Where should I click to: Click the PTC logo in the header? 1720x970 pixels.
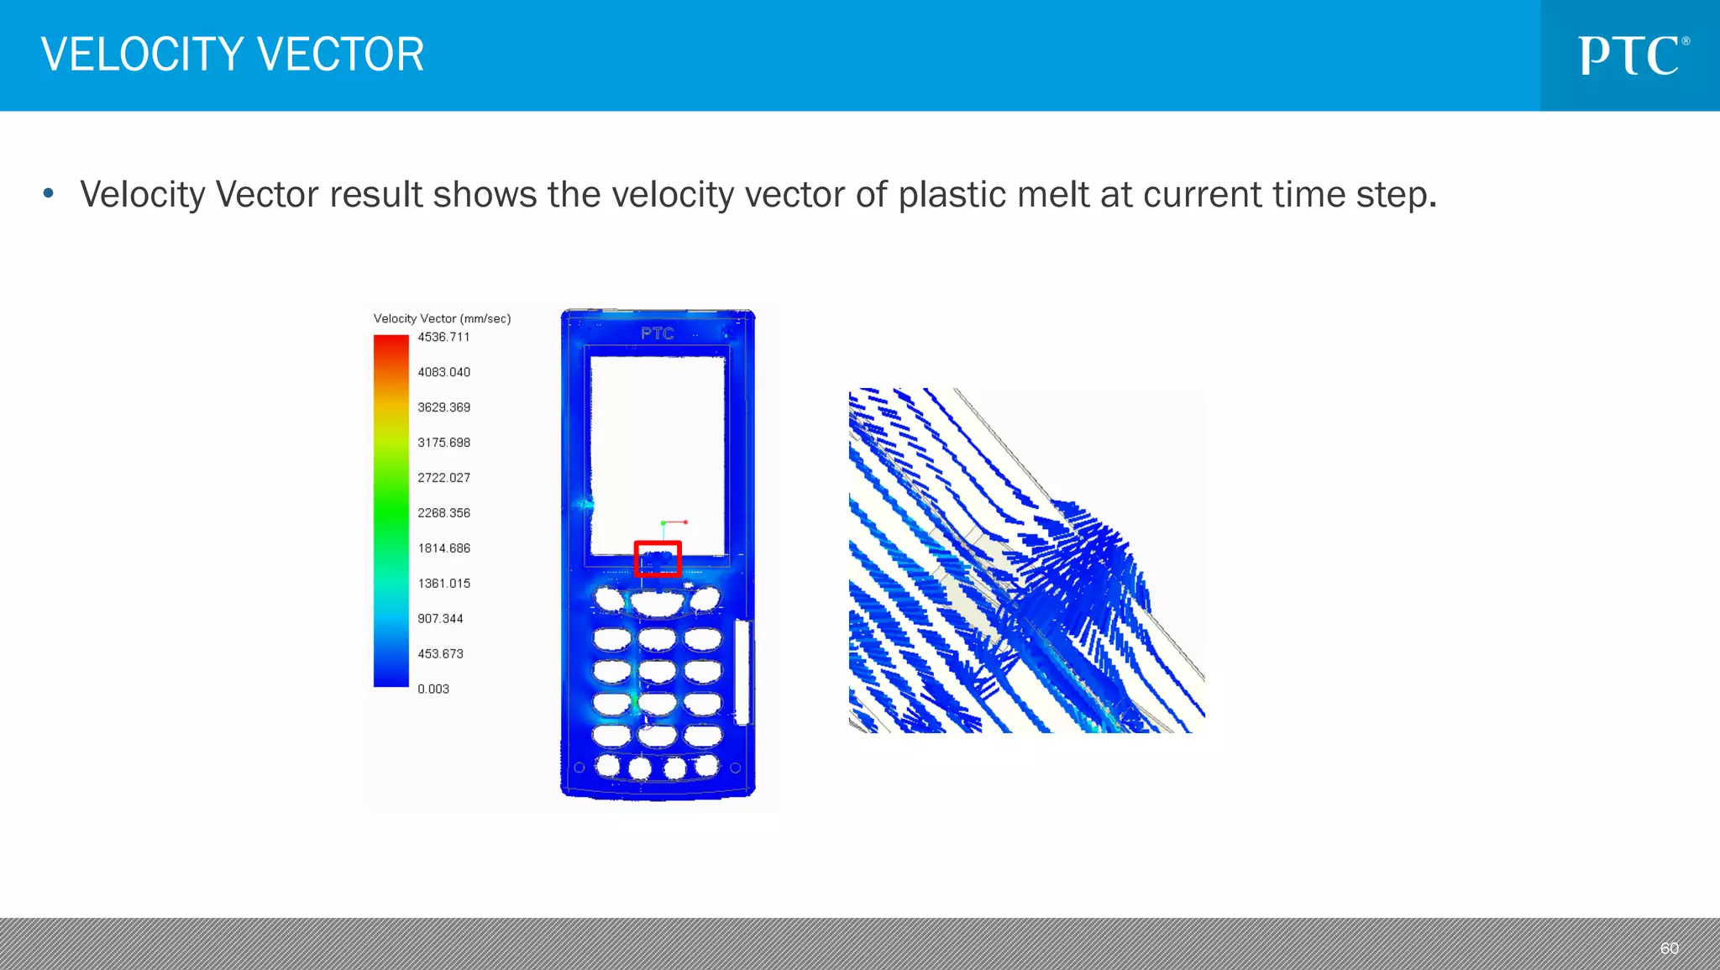coord(1632,55)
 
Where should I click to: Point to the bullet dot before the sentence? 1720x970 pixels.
coord(49,194)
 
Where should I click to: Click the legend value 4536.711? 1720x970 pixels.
coord(443,337)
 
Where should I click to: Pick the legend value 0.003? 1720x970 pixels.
coord(433,689)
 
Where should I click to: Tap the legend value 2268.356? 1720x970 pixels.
coord(443,512)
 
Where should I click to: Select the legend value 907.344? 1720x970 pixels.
coord(440,618)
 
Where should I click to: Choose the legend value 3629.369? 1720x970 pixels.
coord(443,407)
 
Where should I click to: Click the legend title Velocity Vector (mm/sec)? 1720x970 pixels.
coord(442,318)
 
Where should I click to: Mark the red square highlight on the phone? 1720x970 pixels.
coord(658,558)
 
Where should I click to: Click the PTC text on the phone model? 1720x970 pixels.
coord(657,333)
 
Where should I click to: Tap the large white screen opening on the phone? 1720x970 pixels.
coord(658,445)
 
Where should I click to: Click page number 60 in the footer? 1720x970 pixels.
coord(1669,948)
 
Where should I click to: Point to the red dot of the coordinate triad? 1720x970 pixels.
coord(685,522)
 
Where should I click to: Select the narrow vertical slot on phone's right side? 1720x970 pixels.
coord(742,672)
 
